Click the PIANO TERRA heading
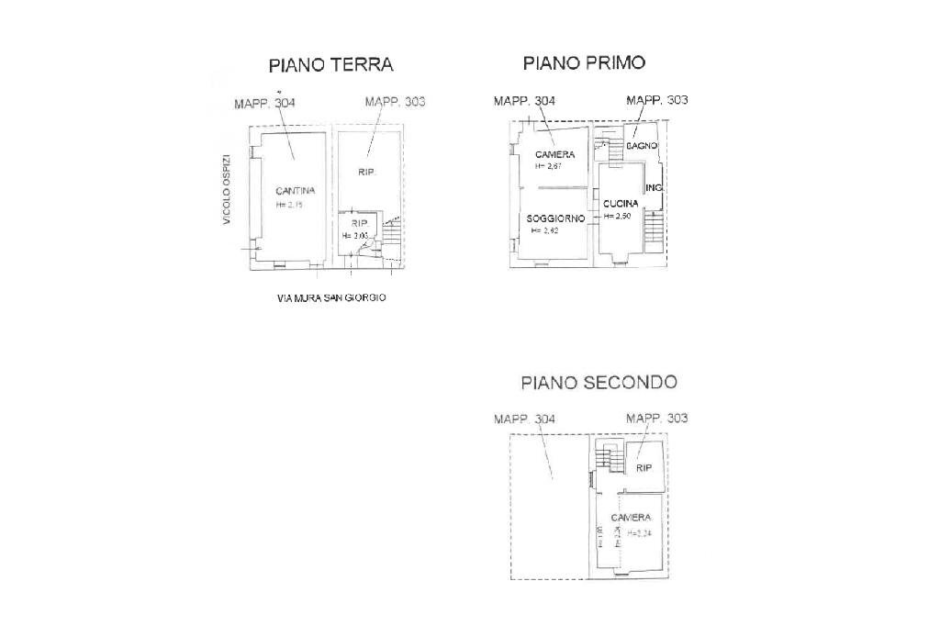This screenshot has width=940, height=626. (x=330, y=65)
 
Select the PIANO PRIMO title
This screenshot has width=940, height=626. (x=584, y=62)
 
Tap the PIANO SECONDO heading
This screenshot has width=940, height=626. (x=598, y=382)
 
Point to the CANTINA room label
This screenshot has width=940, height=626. (x=296, y=191)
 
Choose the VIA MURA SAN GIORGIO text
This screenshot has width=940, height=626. (x=330, y=297)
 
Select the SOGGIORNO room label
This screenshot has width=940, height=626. (x=555, y=218)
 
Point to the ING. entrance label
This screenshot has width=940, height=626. (x=654, y=188)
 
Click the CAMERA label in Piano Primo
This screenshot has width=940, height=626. (x=554, y=154)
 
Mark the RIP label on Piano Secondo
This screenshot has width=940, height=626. (x=643, y=468)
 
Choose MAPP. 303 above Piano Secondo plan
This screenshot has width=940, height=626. (x=656, y=419)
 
